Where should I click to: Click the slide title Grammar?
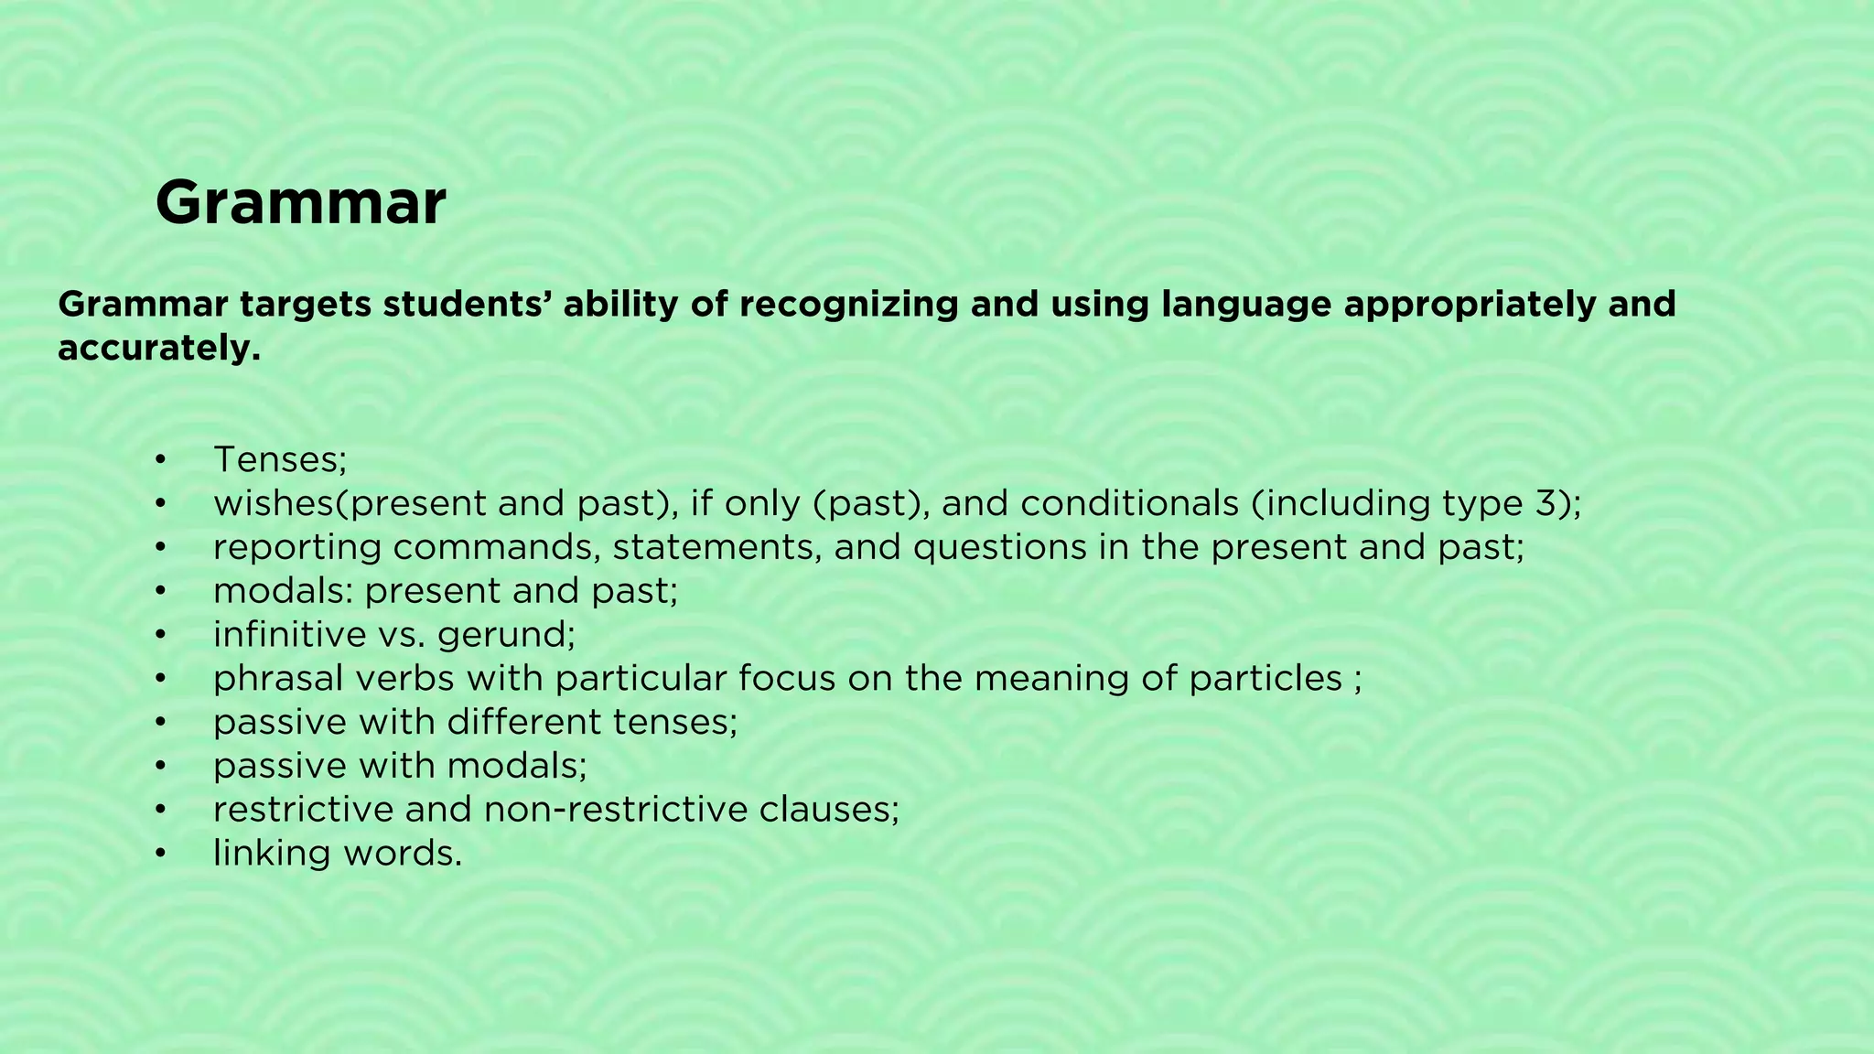point(300,203)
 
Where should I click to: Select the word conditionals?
point(1130,503)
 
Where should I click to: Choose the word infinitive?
point(288,634)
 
